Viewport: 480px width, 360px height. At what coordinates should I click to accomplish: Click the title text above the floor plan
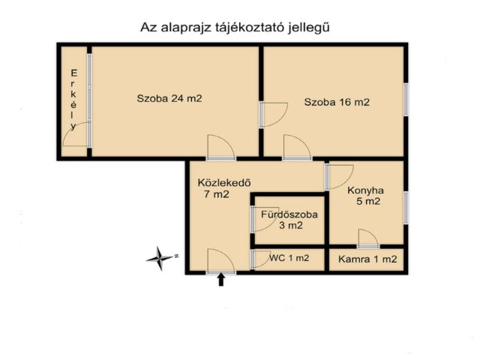tap(236, 27)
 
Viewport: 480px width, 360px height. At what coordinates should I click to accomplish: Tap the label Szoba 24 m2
tap(169, 98)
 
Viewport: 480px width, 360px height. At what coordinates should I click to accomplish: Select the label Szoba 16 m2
tap(337, 103)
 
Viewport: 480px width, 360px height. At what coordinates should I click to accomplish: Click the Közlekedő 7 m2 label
tap(223, 188)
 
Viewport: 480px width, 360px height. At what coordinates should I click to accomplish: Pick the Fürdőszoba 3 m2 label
tap(289, 219)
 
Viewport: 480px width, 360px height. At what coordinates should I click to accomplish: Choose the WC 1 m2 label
tap(289, 259)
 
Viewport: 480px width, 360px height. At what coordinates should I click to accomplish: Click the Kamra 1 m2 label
tap(367, 259)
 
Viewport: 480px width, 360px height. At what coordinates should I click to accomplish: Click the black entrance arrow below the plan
tap(221, 280)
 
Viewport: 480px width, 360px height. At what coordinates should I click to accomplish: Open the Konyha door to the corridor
tap(337, 176)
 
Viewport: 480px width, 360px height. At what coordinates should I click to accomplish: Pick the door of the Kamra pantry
tap(367, 239)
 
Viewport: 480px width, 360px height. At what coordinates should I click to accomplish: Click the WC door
tap(262, 259)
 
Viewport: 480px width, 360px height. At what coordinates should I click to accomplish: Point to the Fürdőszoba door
tap(262, 219)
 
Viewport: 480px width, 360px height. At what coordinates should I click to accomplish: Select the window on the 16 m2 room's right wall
tap(406, 98)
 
